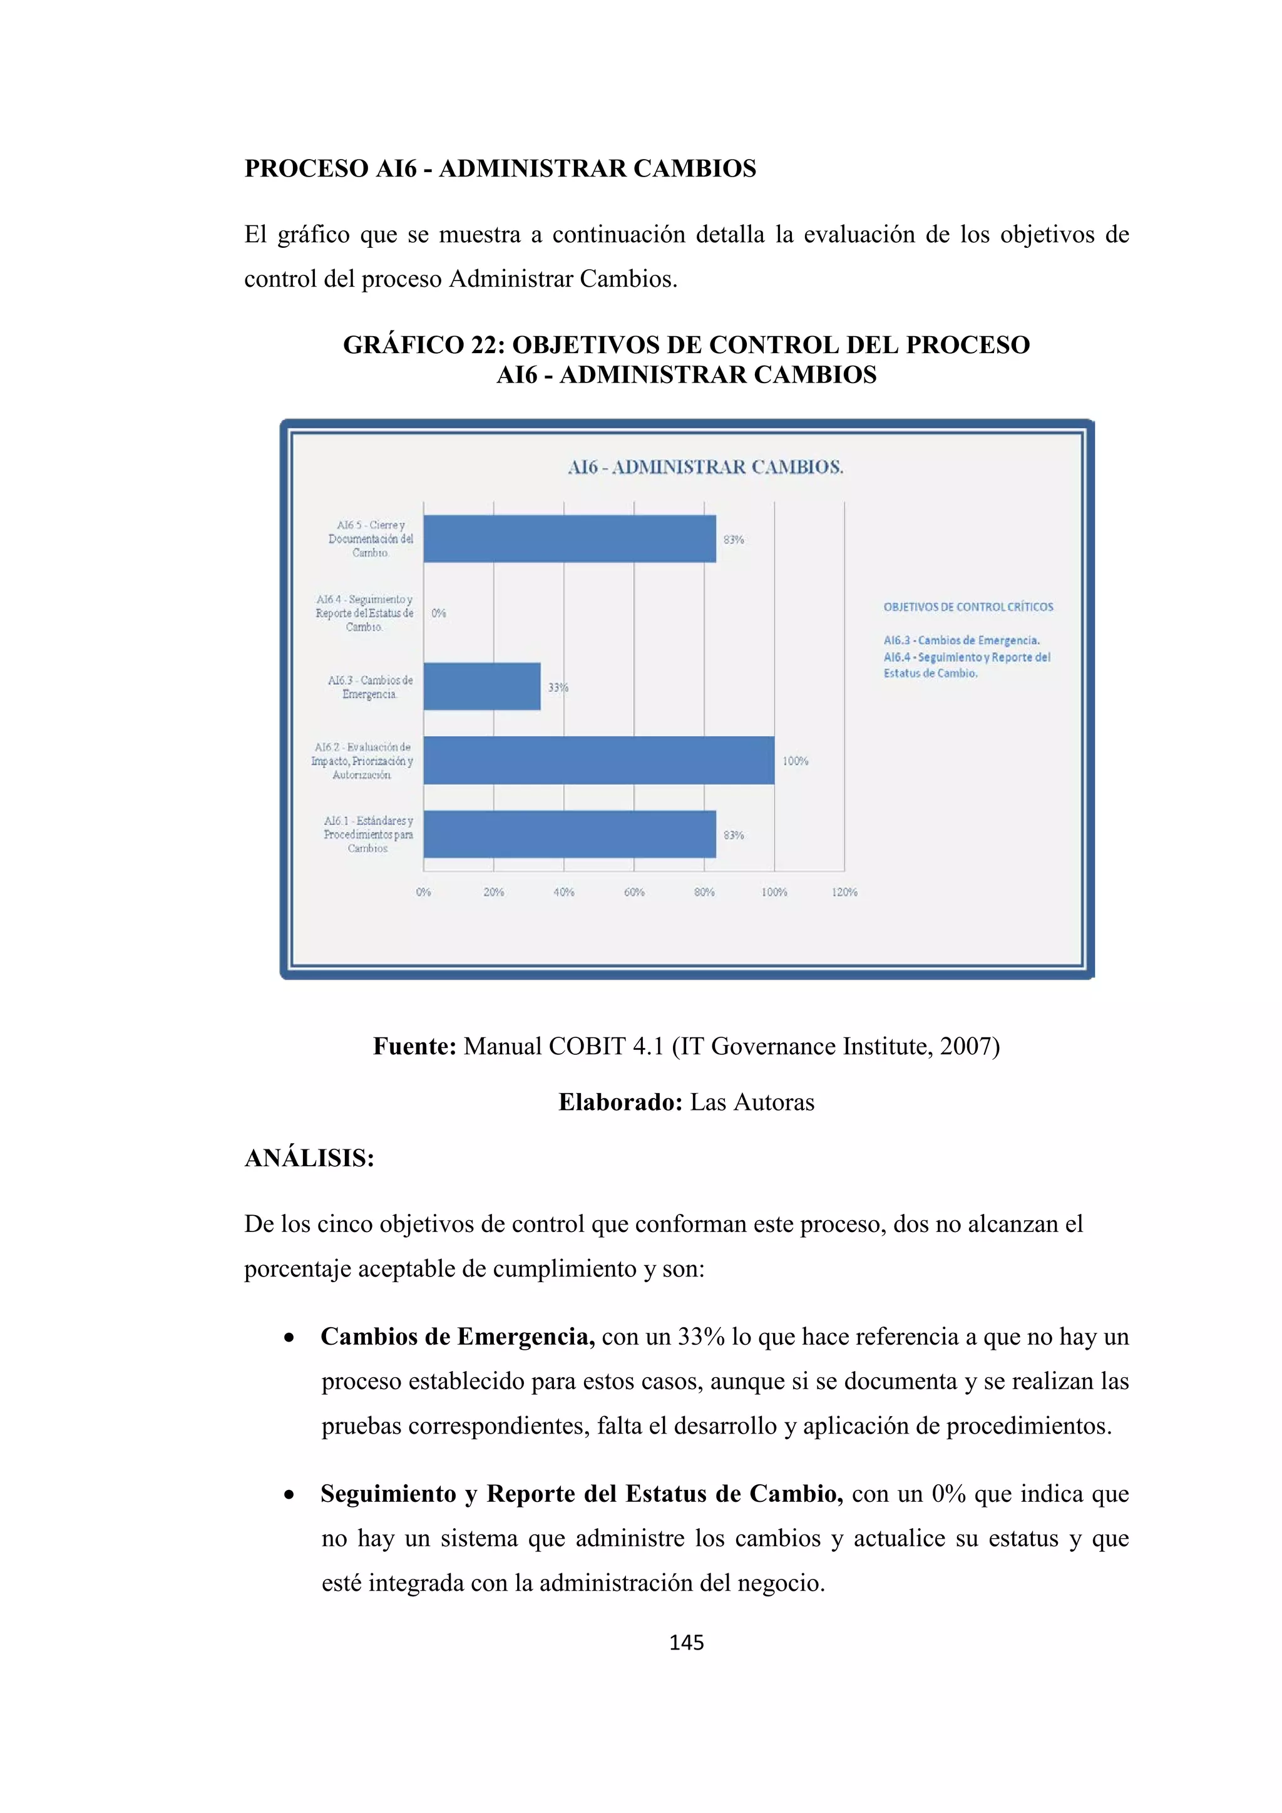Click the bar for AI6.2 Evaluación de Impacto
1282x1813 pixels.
point(598,761)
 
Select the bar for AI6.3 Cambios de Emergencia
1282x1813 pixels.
point(481,686)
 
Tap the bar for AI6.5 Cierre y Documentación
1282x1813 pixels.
point(569,538)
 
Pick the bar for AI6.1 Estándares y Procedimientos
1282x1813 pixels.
point(569,834)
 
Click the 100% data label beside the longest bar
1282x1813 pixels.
point(795,761)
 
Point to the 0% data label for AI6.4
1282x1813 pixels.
point(439,613)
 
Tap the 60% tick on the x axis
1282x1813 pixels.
point(634,892)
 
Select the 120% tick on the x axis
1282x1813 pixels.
point(844,892)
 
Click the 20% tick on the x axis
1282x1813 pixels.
point(493,892)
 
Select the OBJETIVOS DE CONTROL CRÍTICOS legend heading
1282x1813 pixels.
point(968,607)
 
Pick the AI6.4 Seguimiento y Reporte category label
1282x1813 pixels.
point(365,613)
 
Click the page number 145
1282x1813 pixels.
point(686,1643)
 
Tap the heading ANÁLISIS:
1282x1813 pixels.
point(309,1158)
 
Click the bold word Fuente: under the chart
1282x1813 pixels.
point(414,1046)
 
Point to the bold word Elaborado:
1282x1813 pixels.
point(620,1102)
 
